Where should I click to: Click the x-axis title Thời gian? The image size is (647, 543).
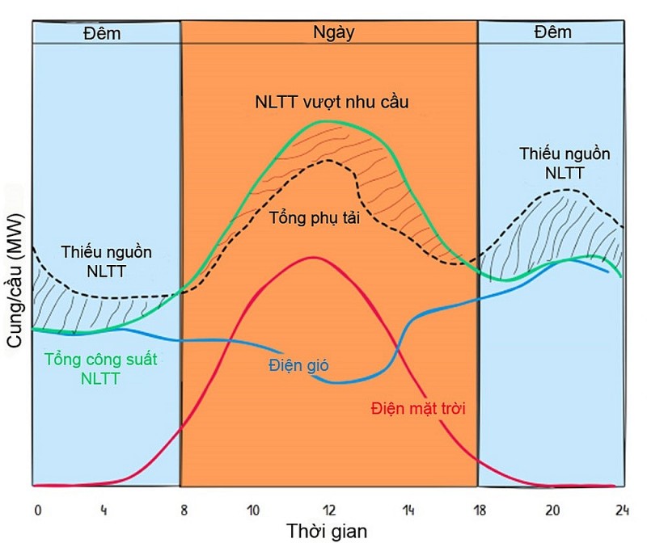327,531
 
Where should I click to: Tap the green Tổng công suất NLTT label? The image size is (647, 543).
101,368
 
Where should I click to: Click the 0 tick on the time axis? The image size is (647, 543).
37,510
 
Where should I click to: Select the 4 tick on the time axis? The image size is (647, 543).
104,510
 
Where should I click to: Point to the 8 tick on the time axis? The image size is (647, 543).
184,510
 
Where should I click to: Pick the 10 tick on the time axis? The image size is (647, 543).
253,510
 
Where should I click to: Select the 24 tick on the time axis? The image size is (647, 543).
620,510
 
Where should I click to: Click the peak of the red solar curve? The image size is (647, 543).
312,257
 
